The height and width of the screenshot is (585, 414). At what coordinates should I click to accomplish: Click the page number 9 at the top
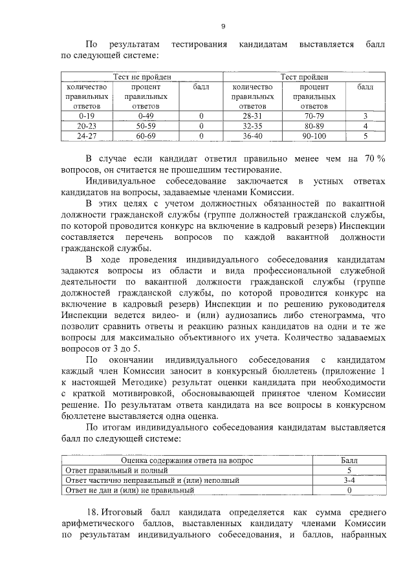click(223, 27)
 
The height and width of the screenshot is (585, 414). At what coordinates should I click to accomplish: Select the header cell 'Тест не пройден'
click(142, 77)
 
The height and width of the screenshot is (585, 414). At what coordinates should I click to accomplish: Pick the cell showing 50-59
click(142, 125)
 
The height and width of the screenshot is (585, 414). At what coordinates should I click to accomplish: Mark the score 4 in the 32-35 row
click(365, 125)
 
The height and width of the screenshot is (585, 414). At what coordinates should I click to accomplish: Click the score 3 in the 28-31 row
click(365, 116)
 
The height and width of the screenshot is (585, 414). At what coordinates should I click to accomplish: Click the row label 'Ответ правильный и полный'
click(105, 471)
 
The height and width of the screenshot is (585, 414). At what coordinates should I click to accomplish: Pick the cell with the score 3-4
click(349, 480)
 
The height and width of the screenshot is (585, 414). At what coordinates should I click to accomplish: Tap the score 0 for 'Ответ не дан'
click(349, 491)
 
